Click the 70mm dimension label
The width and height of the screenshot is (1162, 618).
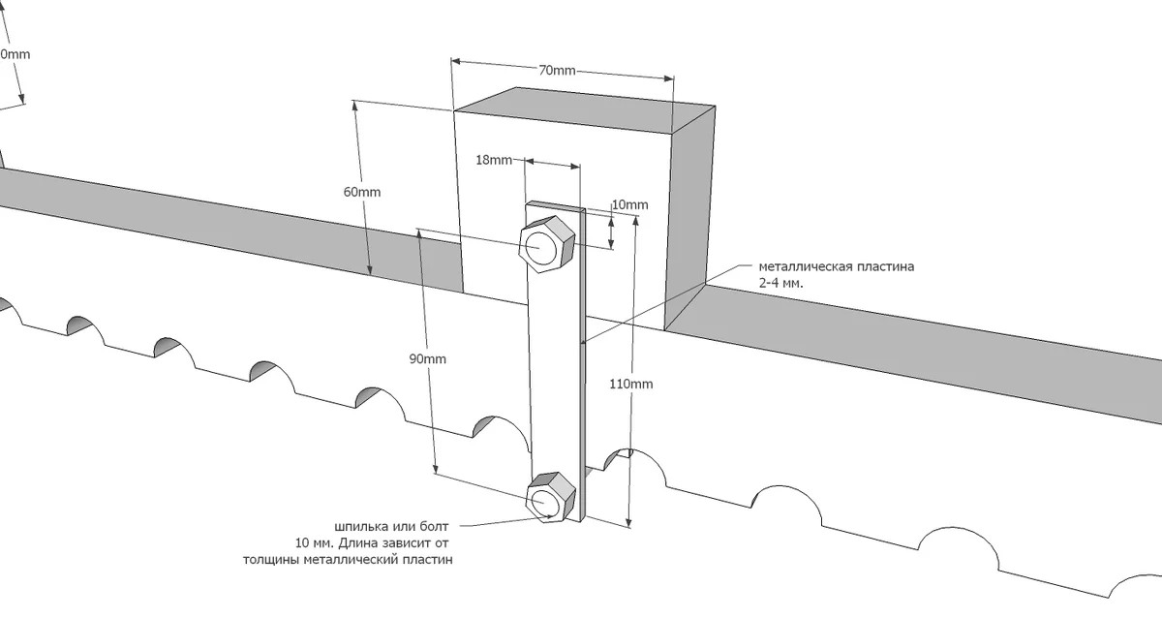(557, 70)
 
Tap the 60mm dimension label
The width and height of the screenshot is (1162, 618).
(362, 192)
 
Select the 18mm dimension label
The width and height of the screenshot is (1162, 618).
(494, 160)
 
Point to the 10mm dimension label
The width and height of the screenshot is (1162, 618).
(630, 205)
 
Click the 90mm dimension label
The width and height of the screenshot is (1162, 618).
(427, 359)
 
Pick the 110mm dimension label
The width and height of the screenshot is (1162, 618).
(630, 384)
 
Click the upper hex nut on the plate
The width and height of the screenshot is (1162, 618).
(547, 245)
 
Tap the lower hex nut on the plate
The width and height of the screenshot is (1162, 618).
(551, 497)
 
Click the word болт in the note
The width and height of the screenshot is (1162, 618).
(433, 527)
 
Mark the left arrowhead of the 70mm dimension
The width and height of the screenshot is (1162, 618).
(456, 61)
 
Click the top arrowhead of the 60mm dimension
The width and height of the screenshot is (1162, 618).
(354, 106)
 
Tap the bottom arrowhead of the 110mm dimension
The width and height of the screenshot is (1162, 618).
(629, 522)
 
